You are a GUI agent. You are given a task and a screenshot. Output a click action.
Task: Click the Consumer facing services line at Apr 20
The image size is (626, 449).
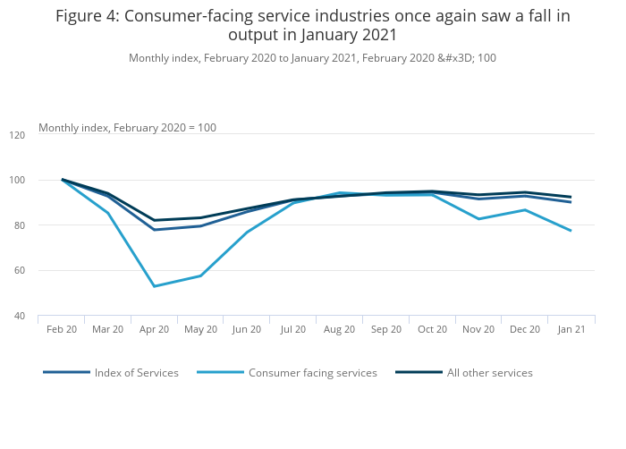(154, 286)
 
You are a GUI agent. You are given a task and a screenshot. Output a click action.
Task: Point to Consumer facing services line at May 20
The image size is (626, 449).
(200, 275)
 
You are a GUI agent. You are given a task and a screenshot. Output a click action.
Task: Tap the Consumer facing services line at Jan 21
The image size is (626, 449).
(571, 231)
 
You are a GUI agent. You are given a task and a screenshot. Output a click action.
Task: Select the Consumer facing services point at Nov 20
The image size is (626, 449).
(478, 219)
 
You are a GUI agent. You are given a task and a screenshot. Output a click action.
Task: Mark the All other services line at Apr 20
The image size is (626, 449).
(154, 220)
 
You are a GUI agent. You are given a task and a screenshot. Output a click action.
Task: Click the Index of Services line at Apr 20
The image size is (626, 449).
(154, 230)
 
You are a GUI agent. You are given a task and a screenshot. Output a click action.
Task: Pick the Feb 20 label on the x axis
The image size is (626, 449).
(62, 329)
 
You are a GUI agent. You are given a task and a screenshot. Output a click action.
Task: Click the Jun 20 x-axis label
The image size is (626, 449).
(247, 329)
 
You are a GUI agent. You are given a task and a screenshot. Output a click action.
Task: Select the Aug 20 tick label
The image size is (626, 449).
(340, 329)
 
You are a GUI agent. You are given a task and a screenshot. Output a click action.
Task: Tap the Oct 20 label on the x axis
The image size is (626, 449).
(432, 329)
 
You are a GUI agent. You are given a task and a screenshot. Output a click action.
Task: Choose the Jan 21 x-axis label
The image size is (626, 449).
(571, 329)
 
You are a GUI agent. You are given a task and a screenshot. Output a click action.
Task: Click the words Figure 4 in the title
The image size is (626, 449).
(89, 16)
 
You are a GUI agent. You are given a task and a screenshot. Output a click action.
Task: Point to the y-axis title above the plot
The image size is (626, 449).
(127, 128)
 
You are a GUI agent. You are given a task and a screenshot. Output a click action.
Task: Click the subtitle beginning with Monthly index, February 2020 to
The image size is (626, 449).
(312, 58)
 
